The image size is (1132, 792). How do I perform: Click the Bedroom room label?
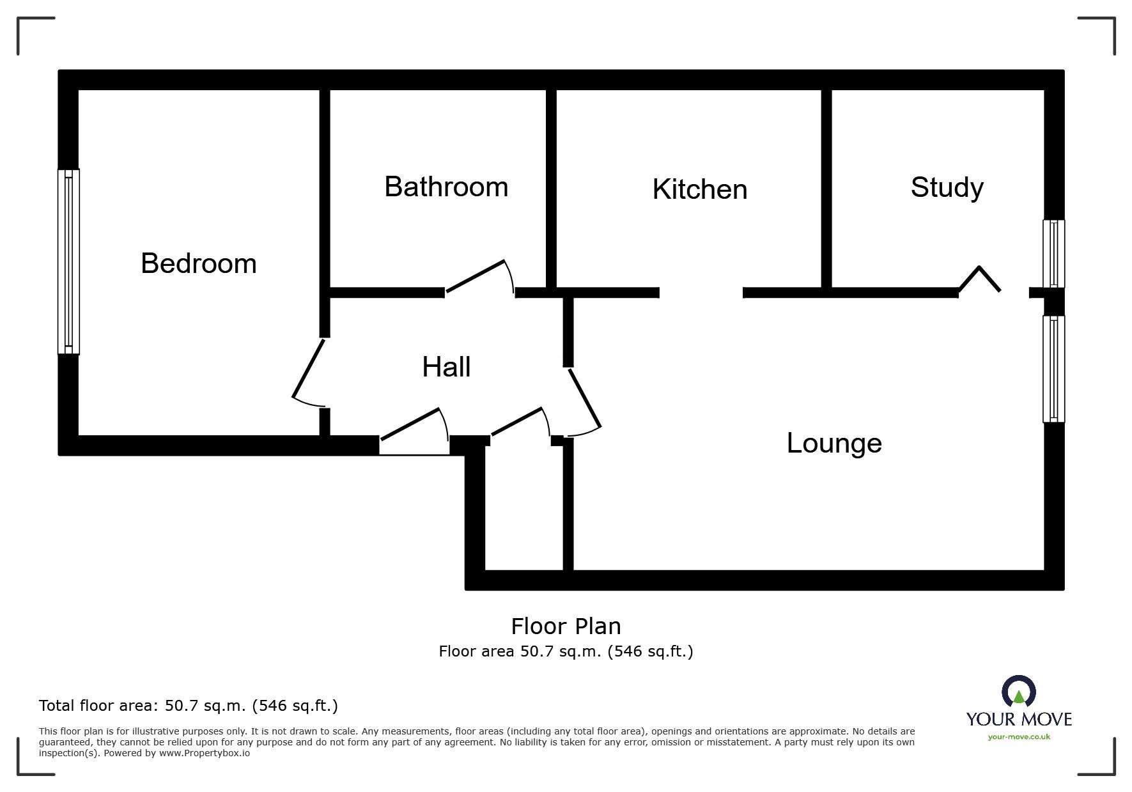[198, 263]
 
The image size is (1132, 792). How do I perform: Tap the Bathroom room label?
[446, 187]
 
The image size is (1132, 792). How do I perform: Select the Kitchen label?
[699, 189]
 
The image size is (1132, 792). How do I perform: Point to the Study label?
[947, 187]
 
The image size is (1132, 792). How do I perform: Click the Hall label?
[446, 367]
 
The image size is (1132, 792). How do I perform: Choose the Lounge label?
[833, 443]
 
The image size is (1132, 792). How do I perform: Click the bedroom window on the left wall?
[68, 261]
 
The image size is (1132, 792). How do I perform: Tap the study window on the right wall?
[1053, 254]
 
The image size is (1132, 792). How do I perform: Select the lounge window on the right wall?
[1053, 369]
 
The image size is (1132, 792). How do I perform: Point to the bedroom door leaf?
[308, 368]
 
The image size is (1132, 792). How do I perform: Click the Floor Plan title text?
[566, 626]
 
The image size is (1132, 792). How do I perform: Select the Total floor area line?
[188, 706]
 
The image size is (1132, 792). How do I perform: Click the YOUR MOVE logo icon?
[1018, 692]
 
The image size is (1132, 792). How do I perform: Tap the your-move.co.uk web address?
[1019, 737]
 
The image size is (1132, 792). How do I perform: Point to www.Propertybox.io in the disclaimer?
[204, 753]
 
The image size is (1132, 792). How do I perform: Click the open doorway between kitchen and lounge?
[701, 293]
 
